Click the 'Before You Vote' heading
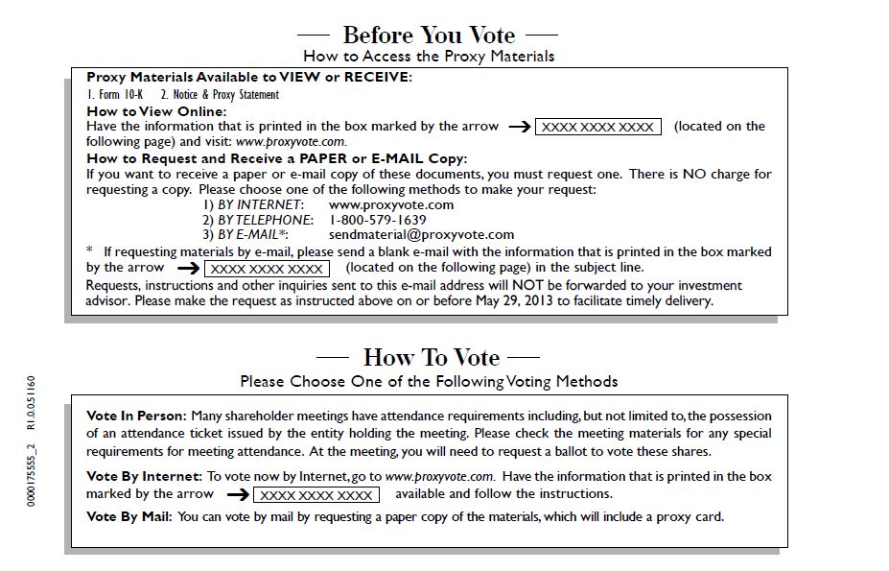[x=429, y=36]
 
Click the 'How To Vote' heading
[x=432, y=357]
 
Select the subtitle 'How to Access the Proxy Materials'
[x=429, y=57]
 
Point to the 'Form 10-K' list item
[x=115, y=95]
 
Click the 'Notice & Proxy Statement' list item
[x=220, y=95]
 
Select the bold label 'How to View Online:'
[x=156, y=111]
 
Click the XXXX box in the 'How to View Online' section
[x=598, y=127]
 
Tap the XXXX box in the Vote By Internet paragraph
[x=316, y=495]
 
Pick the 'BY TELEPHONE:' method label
[x=258, y=220]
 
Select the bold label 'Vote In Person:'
[x=136, y=416]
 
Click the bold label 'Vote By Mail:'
[x=129, y=517]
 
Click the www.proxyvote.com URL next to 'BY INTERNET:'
[x=391, y=204]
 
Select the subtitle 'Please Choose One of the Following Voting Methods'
[x=429, y=381]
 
